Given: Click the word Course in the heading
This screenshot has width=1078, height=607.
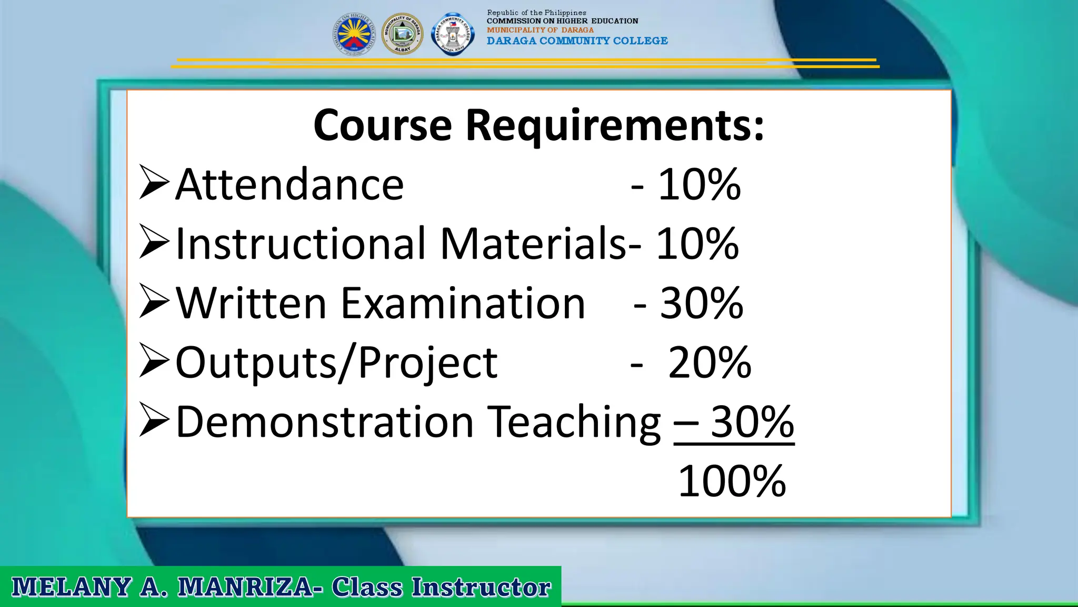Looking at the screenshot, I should pyautogui.click(x=383, y=125).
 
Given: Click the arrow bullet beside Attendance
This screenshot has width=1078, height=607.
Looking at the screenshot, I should pyautogui.click(x=154, y=182).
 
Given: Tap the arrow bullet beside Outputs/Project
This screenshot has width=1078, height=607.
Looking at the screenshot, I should pyautogui.click(x=154, y=360).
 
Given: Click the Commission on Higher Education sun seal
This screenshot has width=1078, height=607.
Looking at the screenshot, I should pyautogui.click(x=354, y=34).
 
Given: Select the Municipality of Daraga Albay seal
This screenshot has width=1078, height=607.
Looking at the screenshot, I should pyautogui.click(x=402, y=34).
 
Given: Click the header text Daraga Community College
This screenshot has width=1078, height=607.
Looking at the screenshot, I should pyautogui.click(x=577, y=41).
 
